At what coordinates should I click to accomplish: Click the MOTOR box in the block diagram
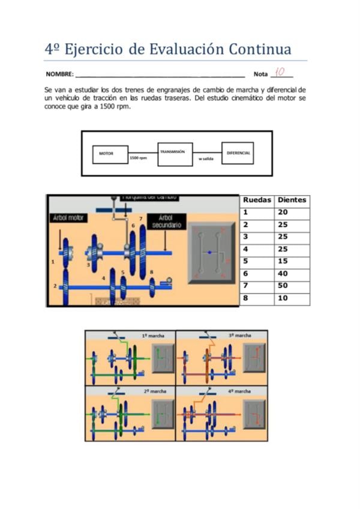tap(106, 153)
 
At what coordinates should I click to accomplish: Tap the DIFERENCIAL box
tap(238, 153)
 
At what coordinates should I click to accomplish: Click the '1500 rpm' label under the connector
tap(139, 158)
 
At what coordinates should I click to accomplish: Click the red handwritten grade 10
tap(280, 71)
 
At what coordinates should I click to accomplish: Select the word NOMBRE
tap(59, 74)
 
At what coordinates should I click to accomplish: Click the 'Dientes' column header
tap(292, 200)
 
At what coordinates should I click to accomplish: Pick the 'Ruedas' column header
tap(257, 200)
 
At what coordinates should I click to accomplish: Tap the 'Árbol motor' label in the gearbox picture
tap(67, 218)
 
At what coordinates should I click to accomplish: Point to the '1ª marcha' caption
tap(152, 336)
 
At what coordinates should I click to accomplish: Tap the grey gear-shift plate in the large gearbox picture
tap(211, 253)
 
